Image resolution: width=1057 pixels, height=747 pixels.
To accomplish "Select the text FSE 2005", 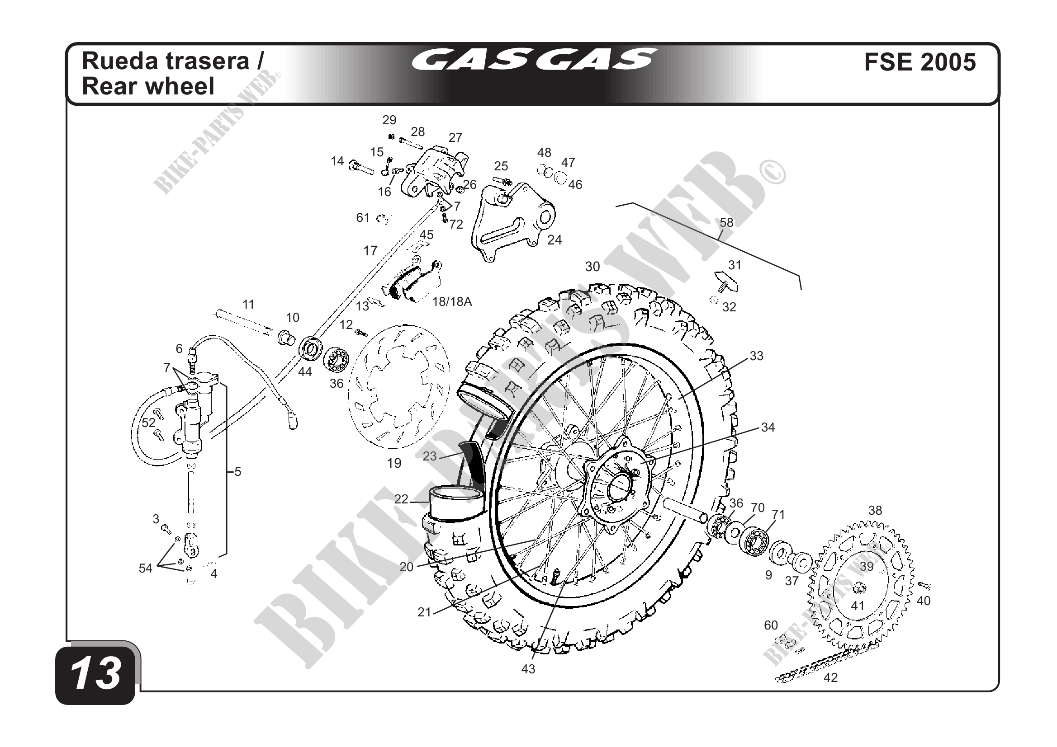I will click(920, 62).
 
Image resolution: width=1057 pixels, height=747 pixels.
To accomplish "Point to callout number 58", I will click(726, 223).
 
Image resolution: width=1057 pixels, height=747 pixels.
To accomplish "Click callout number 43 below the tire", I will click(528, 669).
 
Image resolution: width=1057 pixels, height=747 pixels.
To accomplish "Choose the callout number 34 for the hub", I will click(768, 428).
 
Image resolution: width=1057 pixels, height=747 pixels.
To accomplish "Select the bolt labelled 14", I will click(361, 166).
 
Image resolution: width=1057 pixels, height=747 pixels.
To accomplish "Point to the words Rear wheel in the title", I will click(148, 86).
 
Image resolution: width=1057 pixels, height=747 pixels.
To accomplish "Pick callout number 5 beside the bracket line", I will click(237, 471).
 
